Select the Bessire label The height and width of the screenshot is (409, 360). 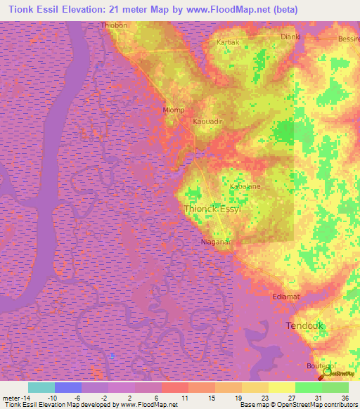coord(349,39)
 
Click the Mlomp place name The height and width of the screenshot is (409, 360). coord(173,110)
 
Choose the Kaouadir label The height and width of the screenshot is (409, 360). coord(207,121)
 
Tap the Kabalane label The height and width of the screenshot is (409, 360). coord(245,187)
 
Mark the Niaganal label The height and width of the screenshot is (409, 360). coord(217,241)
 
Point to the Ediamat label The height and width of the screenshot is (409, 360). coord(286,297)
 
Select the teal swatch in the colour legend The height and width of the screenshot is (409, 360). coord(41,387)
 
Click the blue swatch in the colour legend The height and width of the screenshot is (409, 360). coord(68,387)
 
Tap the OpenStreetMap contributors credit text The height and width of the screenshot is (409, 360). coord(317,404)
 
